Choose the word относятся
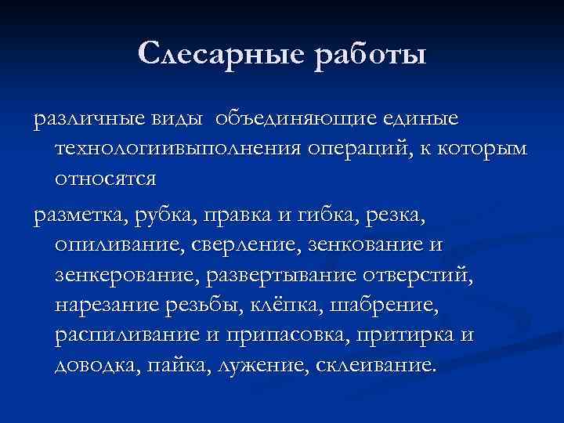click(x=106, y=179)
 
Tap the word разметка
click(x=79, y=215)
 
